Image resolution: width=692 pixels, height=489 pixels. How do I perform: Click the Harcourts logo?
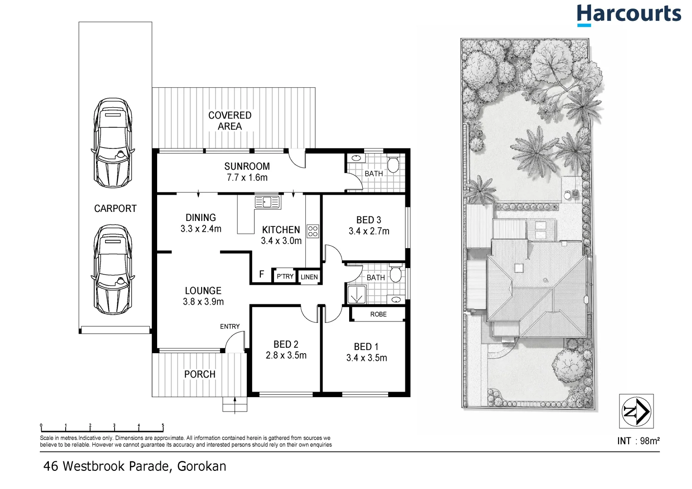[x=629, y=15]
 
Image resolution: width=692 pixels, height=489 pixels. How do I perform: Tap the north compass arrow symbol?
[x=636, y=411]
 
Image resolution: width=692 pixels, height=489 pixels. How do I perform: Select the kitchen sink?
[x=268, y=202]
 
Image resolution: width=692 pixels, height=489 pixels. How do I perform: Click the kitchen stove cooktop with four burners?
[x=312, y=231]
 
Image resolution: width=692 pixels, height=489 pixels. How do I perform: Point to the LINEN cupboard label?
[x=309, y=277]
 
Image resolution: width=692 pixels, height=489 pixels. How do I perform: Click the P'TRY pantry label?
[x=285, y=276]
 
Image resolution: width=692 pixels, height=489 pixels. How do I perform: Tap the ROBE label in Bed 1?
[x=379, y=314]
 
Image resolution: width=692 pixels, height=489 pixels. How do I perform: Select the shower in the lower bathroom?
[x=356, y=294]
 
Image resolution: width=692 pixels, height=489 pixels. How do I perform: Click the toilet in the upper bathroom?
[x=393, y=164]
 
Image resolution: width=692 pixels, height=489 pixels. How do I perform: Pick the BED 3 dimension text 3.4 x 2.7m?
[x=369, y=231]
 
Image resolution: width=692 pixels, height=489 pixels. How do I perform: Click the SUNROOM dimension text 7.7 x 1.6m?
[x=247, y=177]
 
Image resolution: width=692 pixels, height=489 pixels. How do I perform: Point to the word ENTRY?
[x=230, y=326]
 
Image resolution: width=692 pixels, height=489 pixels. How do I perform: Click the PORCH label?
[x=200, y=374]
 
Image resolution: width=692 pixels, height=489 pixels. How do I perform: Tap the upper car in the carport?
[x=113, y=143]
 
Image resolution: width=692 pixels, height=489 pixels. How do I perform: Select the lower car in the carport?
[x=113, y=269]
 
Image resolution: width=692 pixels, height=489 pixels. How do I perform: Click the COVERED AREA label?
[x=230, y=121]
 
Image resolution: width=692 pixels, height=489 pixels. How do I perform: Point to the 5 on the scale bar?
[x=163, y=425]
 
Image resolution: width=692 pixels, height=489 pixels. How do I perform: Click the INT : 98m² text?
[x=639, y=441]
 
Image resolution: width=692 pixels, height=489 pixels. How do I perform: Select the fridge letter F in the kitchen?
[x=262, y=274]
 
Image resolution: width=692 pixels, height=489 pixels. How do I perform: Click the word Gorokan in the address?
[x=202, y=466]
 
